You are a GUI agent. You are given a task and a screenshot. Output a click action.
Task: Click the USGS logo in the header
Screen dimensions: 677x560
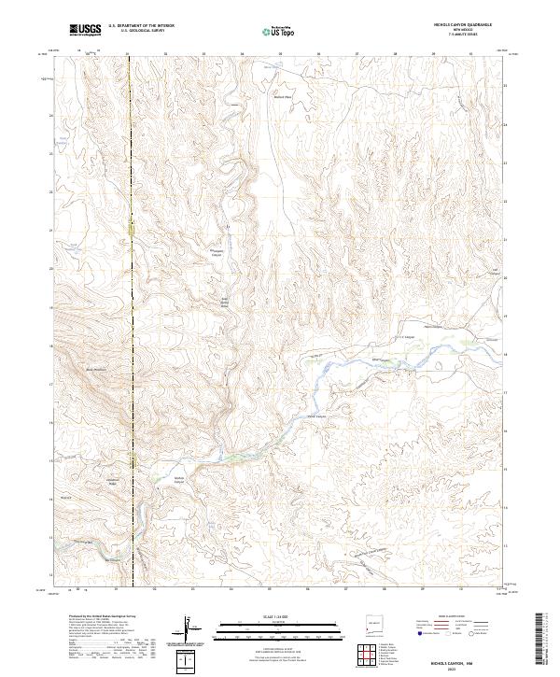click(x=85, y=30)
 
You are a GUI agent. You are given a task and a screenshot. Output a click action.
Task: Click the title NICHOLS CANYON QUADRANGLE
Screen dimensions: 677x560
click(x=459, y=26)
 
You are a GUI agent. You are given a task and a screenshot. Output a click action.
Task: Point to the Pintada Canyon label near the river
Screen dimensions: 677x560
click(x=314, y=416)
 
